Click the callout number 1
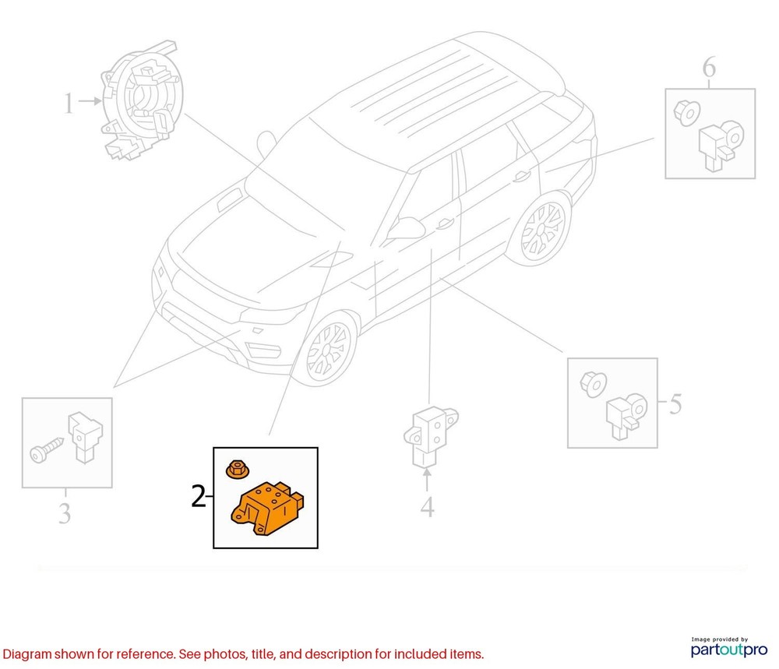69,104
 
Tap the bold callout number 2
198,496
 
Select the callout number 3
65,513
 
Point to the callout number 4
427,506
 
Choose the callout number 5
675,403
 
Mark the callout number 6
709,67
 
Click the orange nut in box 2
238,468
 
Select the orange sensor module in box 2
267,508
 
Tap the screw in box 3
47,450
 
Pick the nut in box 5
593,385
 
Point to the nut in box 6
687,113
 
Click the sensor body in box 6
721,146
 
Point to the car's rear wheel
540,231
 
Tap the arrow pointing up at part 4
427,480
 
